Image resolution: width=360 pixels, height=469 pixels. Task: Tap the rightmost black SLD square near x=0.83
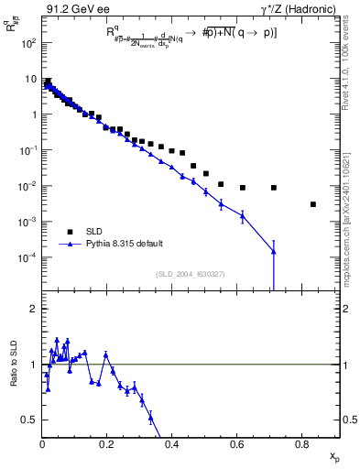click(x=313, y=204)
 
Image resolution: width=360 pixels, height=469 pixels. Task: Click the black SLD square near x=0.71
click(x=274, y=188)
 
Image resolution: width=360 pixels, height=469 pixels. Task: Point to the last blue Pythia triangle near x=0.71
click(x=274, y=251)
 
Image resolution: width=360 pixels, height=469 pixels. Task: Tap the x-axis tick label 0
click(x=42, y=446)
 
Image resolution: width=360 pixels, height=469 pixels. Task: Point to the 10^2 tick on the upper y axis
click(x=29, y=43)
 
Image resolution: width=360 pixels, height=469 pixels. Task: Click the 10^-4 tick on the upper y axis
click(x=29, y=257)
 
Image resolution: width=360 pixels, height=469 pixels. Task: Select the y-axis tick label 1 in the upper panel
click(x=35, y=115)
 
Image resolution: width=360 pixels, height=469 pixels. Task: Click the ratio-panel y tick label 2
click(x=35, y=310)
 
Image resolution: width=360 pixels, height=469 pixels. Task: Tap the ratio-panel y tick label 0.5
click(x=31, y=420)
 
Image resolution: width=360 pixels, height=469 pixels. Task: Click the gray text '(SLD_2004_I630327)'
click(x=191, y=274)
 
